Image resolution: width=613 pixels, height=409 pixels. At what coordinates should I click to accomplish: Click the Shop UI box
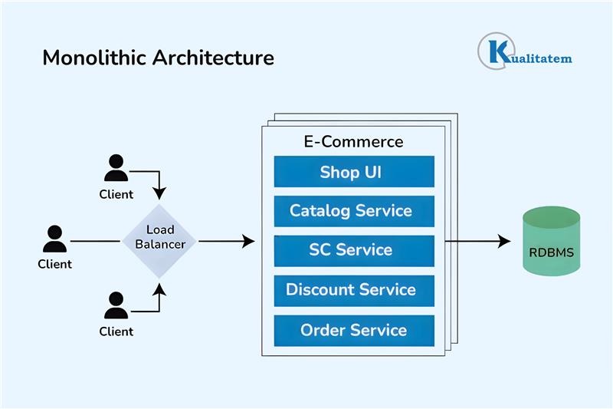point(354,172)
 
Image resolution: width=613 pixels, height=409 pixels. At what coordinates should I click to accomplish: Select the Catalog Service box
point(354,211)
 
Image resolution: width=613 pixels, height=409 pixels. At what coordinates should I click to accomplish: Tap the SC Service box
point(354,250)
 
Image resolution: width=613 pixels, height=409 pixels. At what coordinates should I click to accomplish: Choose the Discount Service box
point(354,290)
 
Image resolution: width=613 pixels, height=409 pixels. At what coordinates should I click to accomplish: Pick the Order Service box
point(354,330)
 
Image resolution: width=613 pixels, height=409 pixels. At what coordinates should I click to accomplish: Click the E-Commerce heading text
point(354,141)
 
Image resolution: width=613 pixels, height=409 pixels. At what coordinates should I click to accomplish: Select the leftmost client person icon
point(54,239)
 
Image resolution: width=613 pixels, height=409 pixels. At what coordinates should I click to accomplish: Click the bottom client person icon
point(116,305)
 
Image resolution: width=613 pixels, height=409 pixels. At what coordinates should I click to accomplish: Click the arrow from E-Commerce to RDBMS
point(479,241)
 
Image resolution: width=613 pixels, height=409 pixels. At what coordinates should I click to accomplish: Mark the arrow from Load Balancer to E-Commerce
point(226,242)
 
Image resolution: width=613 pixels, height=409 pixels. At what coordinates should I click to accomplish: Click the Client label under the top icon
point(116,194)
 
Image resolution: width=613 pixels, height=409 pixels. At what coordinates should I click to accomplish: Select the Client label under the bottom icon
point(116,331)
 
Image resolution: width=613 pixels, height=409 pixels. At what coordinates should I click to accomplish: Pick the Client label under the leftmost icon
point(54,264)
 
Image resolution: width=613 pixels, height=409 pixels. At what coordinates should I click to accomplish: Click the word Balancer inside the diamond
point(160,244)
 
